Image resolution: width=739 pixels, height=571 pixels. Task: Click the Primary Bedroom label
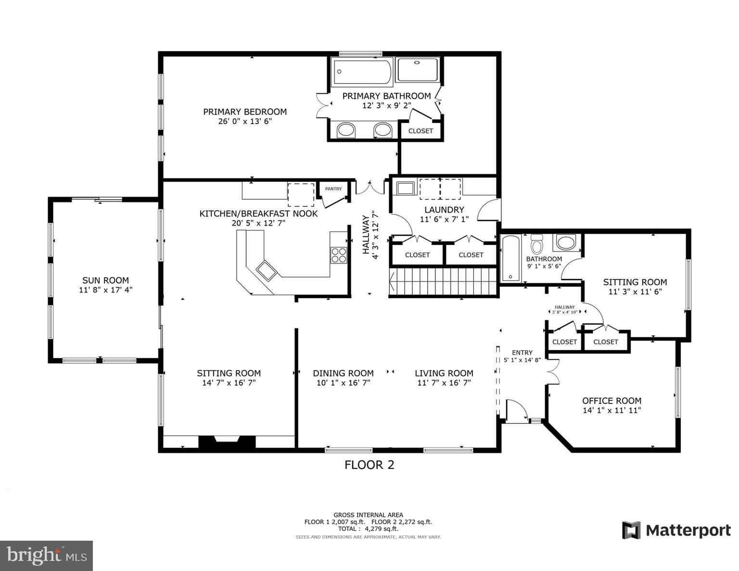tap(244, 112)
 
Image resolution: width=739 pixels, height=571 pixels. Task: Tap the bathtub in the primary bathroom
tap(362, 72)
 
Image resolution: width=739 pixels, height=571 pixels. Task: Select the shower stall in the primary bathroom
tap(418, 70)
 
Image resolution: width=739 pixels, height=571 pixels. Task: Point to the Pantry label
tap(333, 189)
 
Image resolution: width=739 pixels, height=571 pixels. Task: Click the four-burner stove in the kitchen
tap(339, 254)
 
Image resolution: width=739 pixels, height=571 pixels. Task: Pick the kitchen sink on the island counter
tap(266, 271)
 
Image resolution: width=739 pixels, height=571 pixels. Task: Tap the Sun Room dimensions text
tap(105, 290)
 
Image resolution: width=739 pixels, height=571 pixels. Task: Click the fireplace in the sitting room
tap(227, 442)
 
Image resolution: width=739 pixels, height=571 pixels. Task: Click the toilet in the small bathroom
tap(536, 244)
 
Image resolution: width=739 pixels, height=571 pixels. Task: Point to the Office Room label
tap(612, 401)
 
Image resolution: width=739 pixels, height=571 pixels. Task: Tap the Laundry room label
tap(444, 210)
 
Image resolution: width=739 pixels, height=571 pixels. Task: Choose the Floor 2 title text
tap(369, 465)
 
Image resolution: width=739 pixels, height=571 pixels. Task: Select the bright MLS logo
tap(46, 556)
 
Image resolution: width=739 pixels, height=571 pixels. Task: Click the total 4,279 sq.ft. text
tap(368, 529)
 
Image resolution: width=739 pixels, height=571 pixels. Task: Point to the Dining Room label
tap(343, 373)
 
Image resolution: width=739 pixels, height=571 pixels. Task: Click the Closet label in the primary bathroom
tap(420, 131)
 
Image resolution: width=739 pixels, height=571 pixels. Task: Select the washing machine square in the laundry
tap(405, 188)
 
